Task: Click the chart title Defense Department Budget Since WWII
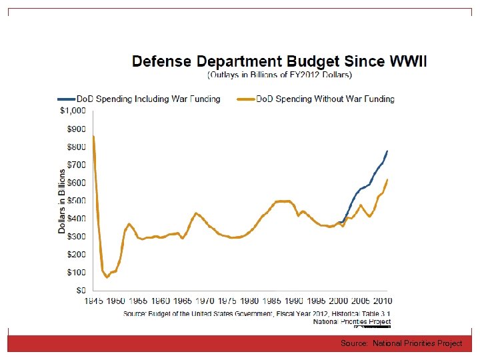pyautogui.click(x=279, y=61)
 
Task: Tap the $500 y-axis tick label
pyautogui.click(x=75, y=201)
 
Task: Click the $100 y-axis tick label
pyautogui.click(x=75, y=273)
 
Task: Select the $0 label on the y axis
pyautogui.click(x=80, y=291)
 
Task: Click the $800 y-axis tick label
pyautogui.click(x=75, y=147)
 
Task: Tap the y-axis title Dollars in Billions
pyautogui.click(x=62, y=200)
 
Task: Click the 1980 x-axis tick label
pyautogui.click(x=249, y=301)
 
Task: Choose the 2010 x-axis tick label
pyautogui.click(x=382, y=301)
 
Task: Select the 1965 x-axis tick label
pyautogui.click(x=183, y=301)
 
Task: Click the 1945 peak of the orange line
pyautogui.click(x=94, y=137)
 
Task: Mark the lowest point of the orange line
pyautogui.click(x=107, y=277)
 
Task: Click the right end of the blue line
pyautogui.click(x=387, y=151)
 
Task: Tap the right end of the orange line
pyautogui.click(x=387, y=180)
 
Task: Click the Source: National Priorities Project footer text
pyautogui.click(x=401, y=343)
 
